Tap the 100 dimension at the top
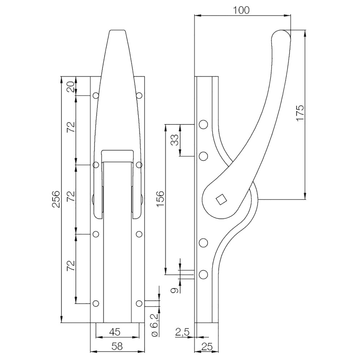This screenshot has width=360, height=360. tap(241, 10)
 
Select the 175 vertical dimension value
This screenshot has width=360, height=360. tap(300, 113)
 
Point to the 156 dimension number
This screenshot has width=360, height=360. tap(161, 198)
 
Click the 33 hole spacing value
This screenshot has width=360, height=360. tap(175, 140)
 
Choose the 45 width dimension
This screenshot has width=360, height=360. tap(115, 332)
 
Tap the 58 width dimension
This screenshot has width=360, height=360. tap(117, 346)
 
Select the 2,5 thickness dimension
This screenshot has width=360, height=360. tap(182, 332)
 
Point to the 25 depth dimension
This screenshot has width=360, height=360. tap(207, 346)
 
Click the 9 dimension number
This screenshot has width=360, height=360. tap(175, 290)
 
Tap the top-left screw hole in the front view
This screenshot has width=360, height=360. tap(95, 95)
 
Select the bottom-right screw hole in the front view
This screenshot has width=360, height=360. tap(139, 303)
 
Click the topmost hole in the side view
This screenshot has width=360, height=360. tap(203, 125)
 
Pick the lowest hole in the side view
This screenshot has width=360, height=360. tap(203, 274)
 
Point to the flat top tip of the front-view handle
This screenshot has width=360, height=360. tap(117, 30)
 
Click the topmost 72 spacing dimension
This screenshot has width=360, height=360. tap(72, 126)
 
